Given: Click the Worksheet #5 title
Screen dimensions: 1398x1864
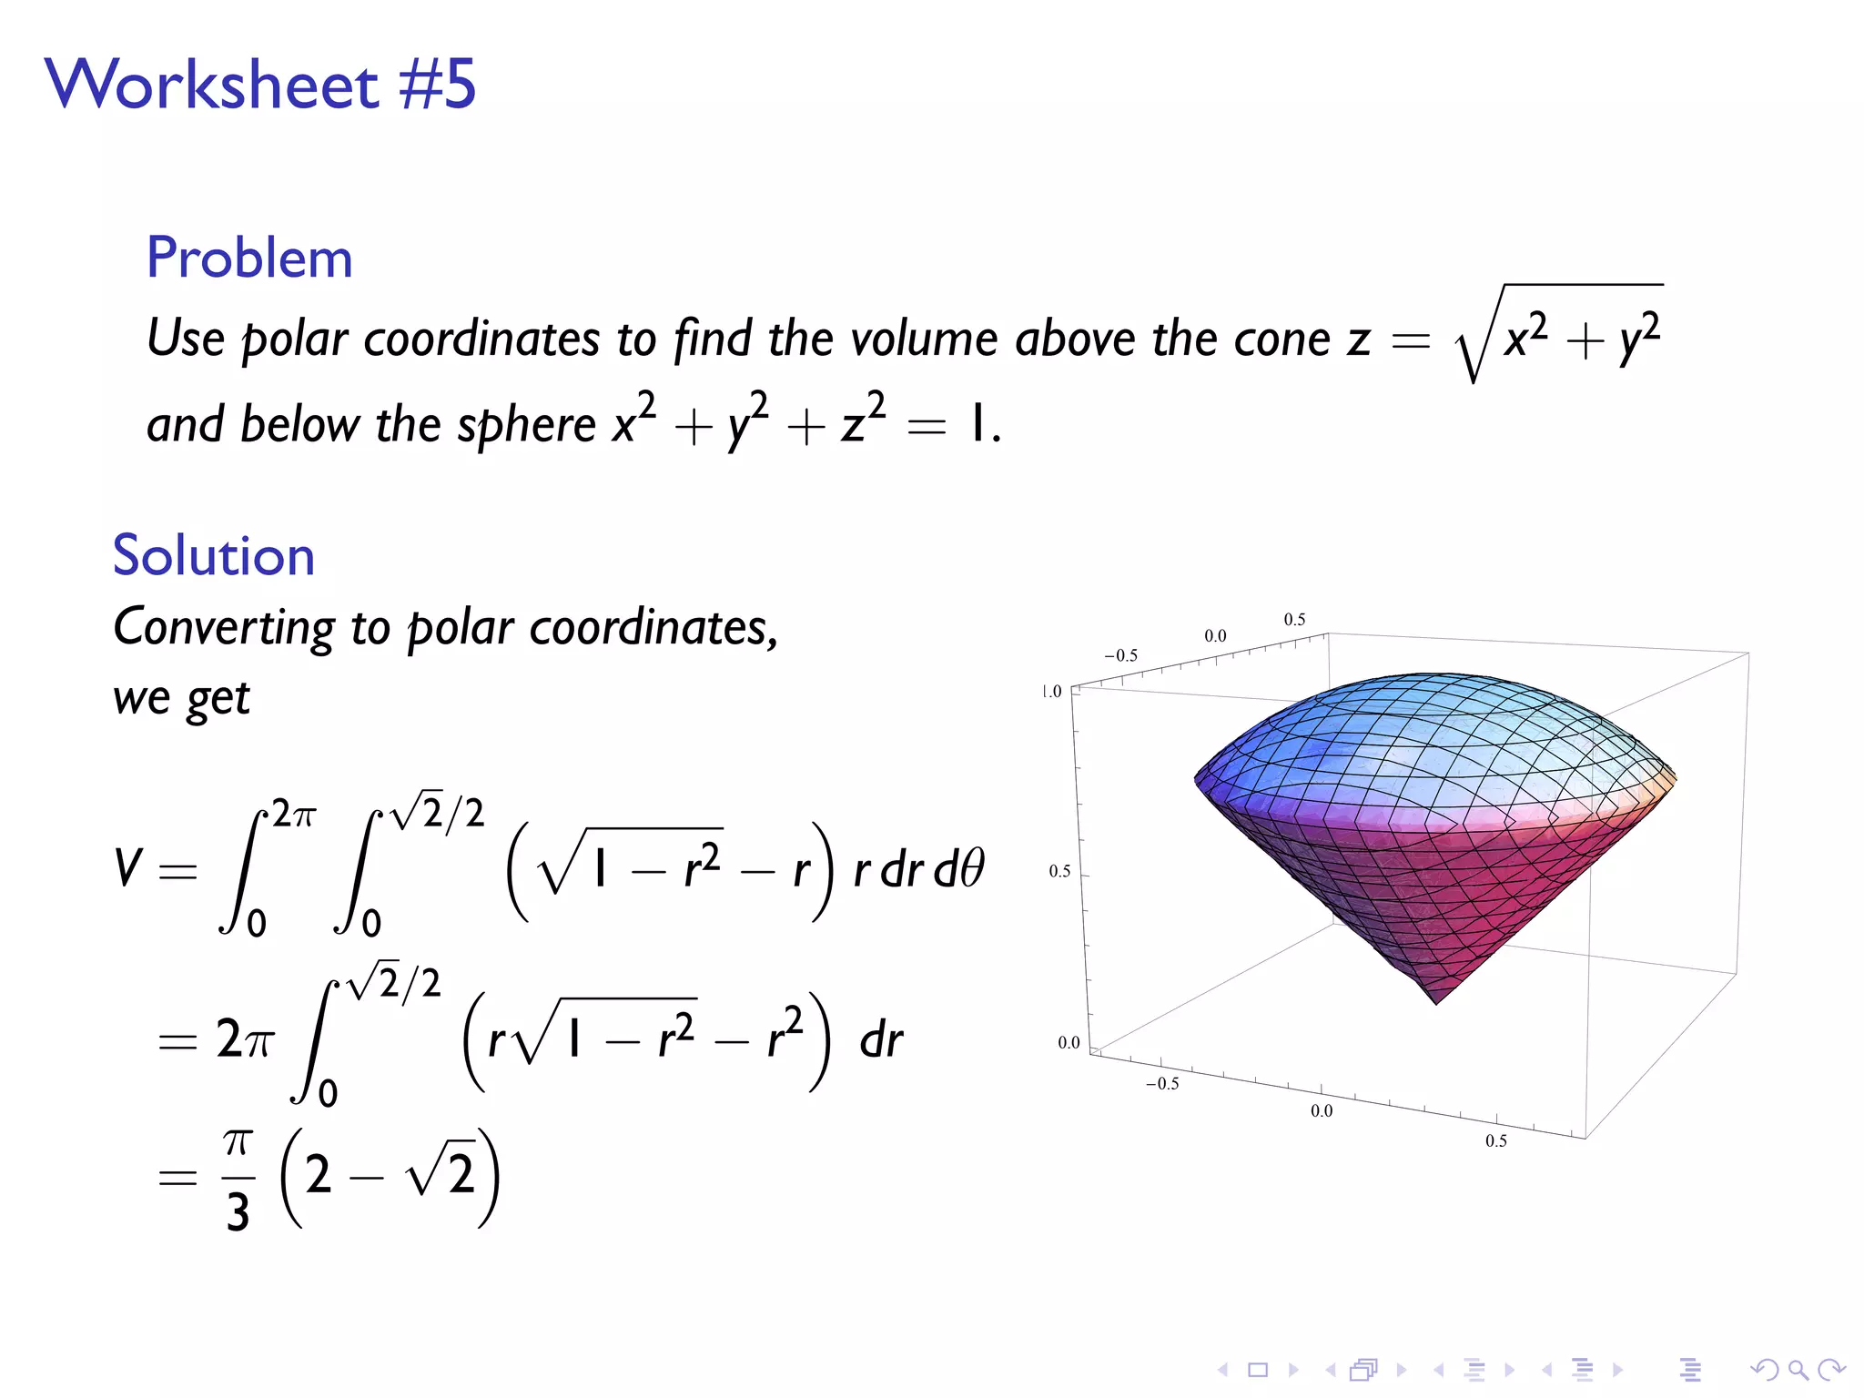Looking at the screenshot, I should (260, 84).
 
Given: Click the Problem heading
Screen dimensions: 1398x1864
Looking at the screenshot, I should (249, 258).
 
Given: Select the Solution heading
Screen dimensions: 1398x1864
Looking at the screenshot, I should (214, 555).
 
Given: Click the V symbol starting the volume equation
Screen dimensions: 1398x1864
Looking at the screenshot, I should (128, 866).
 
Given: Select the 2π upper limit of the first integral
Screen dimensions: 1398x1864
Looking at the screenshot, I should (293, 814).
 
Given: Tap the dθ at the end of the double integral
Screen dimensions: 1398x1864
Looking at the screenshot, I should (959, 868).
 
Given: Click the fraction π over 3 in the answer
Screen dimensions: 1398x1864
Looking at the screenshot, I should (238, 1180).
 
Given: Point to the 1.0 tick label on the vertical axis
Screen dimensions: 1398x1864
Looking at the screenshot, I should (1052, 692).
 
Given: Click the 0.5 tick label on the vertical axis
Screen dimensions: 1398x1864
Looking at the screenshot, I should (1059, 871).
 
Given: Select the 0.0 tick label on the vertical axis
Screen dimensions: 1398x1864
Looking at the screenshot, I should (1069, 1042).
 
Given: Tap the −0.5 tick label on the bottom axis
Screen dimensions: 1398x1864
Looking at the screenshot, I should (1162, 1084).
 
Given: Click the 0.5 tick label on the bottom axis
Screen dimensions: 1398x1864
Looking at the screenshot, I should (1496, 1141).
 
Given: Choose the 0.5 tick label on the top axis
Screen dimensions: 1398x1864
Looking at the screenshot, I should (1294, 620).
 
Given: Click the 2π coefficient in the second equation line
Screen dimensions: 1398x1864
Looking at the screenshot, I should (244, 1038).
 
